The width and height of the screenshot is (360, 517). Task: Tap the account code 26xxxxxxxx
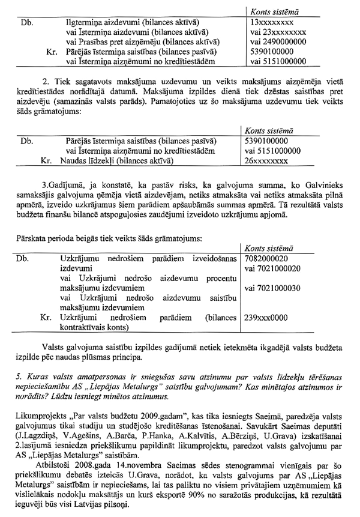270,161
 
